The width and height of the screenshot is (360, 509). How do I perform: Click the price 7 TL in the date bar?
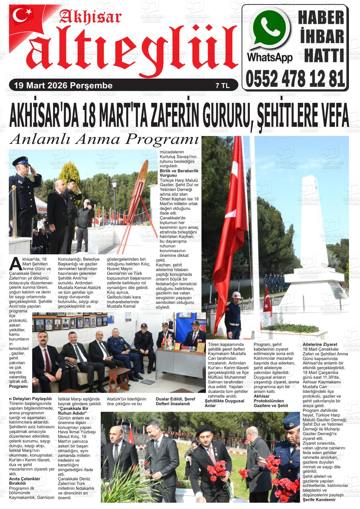pyautogui.click(x=222, y=86)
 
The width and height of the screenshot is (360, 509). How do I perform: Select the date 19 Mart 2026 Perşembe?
pyautogui.click(x=61, y=86)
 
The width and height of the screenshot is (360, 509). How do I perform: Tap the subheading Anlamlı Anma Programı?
pyautogui.click(x=104, y=139)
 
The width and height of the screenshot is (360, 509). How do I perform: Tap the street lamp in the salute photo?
pyautogui.click(x=114, y=184)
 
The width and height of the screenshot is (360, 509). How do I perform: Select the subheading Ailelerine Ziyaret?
pyautogui.click(x=320, y=344)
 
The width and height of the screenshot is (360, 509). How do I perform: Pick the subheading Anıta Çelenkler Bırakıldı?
pyautogui.click(x=25, y=481)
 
